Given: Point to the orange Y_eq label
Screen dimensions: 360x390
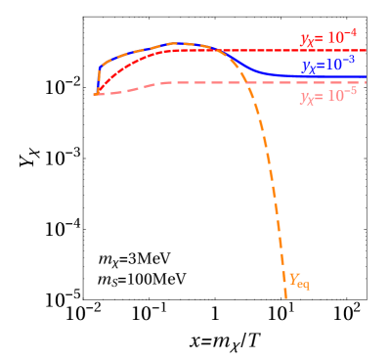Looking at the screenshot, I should (297, 282).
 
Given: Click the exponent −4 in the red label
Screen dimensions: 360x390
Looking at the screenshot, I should (349, 34).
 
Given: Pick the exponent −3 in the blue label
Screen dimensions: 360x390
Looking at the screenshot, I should (347, 61).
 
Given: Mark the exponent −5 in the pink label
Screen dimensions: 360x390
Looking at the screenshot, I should (349, 93).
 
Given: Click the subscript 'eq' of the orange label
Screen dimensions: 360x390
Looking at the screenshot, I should (303, 286).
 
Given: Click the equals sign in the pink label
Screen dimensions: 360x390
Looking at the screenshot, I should (320, 98).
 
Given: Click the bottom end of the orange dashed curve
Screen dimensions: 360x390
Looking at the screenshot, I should (285, 297).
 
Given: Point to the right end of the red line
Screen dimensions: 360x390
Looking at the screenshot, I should (366, 49).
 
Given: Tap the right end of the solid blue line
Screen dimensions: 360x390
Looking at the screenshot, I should (366, 75).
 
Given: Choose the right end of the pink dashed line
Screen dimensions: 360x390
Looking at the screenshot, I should (366, 83).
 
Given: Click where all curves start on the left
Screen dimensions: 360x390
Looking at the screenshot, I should (96, 94).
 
